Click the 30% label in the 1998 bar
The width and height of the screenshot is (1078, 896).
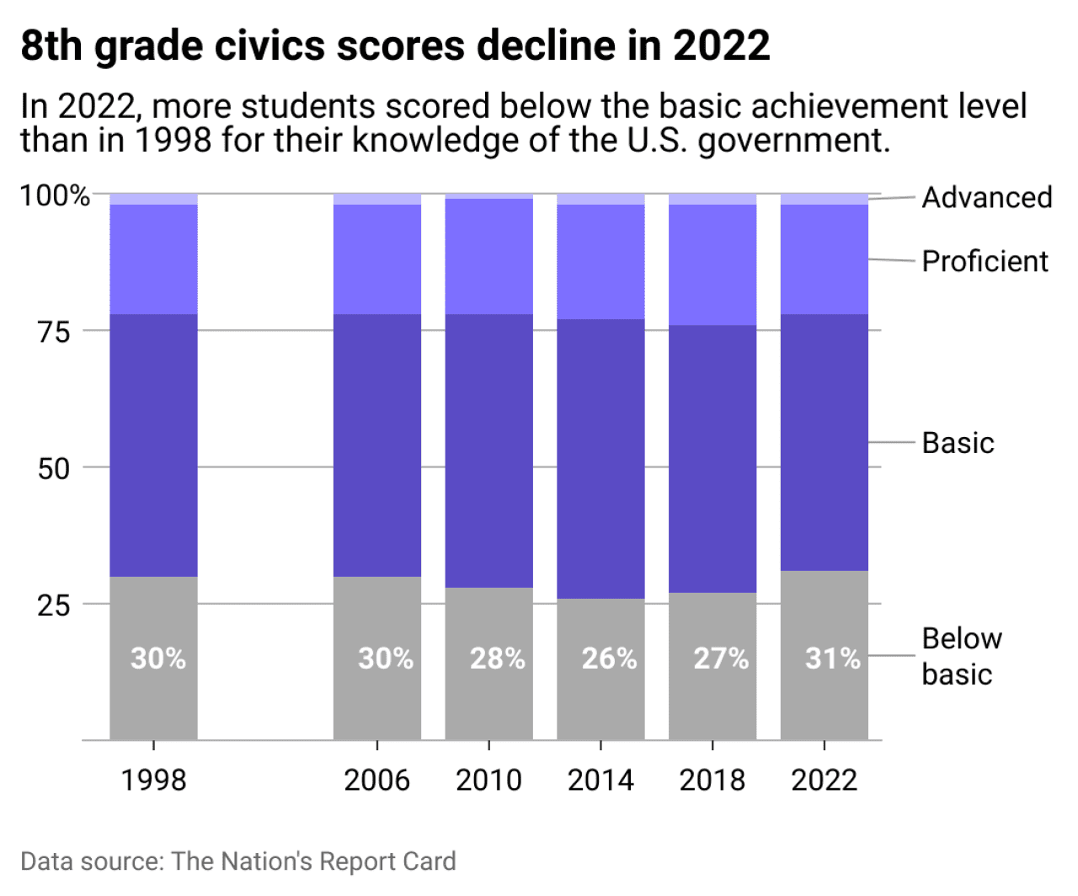(x=157, y=658)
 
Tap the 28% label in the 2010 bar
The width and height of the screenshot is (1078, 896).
(x=497, y=658)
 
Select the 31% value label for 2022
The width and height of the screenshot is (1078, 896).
(x=832, y=658)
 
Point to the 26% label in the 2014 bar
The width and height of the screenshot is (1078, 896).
(x=609, y=658)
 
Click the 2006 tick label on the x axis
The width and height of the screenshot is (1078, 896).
(x=376, y=780)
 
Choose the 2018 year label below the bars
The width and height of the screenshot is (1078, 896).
(x=712, y=780)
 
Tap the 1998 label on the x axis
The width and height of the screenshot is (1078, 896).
(x=153, y=780)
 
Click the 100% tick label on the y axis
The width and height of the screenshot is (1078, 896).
(x=55, y=195)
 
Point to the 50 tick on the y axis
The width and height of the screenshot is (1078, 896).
(x=54, y=468)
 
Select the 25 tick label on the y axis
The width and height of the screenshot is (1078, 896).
(x=54, y=605)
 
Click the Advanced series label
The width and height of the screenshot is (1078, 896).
(x=987, y=197)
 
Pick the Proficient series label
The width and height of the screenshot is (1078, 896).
(x=985, y=261)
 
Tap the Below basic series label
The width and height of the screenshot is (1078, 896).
(x=961, y=656)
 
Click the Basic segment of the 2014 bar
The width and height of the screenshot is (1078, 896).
(x=600, y=459)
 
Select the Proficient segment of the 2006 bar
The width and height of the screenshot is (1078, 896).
(x=376, y=259)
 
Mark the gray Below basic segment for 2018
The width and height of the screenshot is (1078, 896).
(x=712, y=699)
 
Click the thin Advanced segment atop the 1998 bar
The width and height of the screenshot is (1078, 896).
(x=153, y=199)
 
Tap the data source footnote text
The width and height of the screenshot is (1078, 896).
(x=237, y=861)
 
